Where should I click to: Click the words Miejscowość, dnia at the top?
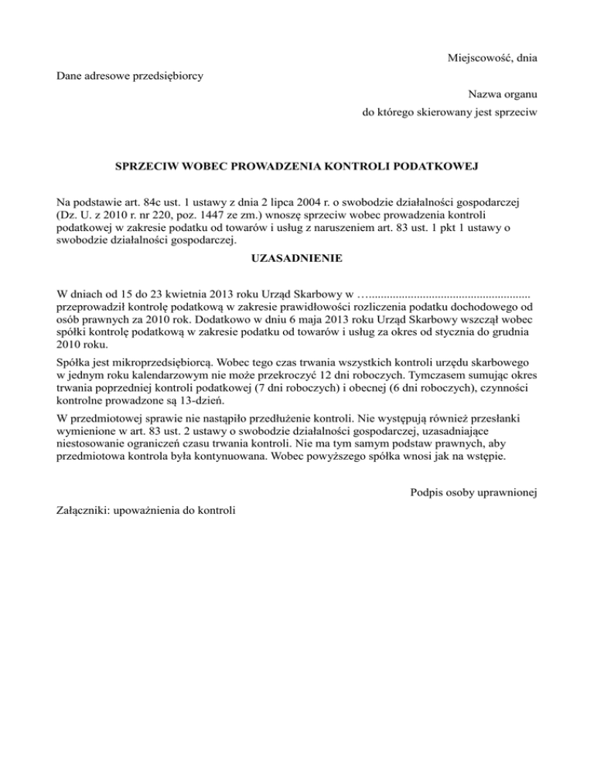492,58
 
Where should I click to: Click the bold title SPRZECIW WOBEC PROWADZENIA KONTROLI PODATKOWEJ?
297,166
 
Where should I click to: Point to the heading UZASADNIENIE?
297,258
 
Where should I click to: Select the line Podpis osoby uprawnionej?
474,491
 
